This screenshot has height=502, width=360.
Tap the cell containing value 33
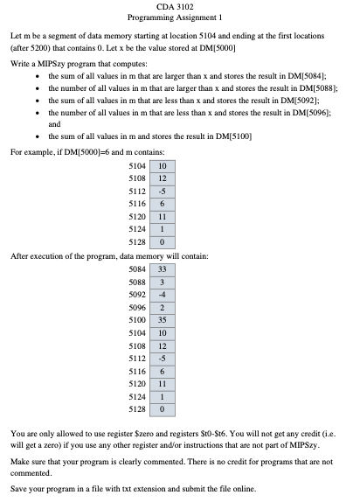coord(162,269)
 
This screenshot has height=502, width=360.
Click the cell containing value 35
coord(162,321)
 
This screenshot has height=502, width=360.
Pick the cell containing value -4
coord(162,295)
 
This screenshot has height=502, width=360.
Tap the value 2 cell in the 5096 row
coord(162,308)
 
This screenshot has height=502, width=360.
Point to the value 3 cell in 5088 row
coord(162,282)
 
